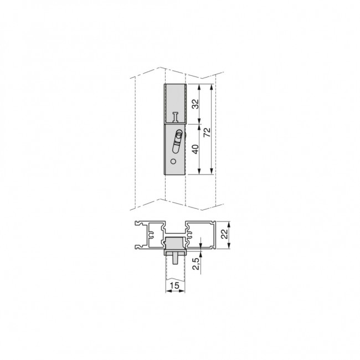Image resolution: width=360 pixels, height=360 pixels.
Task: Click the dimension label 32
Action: coord(196,104)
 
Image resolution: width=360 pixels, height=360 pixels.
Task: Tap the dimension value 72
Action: coord(207,132)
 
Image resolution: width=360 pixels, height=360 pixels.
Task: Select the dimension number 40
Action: coord(196,149)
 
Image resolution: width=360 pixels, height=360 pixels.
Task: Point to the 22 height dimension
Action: coord(225,234)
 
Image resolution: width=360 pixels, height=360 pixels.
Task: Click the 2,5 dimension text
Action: coord(196,264)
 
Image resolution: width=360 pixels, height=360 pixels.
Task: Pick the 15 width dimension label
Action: coord(174,286)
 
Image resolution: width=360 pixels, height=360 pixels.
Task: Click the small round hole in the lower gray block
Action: coord(173,161)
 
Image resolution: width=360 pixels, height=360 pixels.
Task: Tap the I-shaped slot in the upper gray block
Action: coord(176,117)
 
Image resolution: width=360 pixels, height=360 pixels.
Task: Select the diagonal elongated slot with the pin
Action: coord(177,141)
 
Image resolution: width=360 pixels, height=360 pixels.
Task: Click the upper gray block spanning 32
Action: coord(175,104)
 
